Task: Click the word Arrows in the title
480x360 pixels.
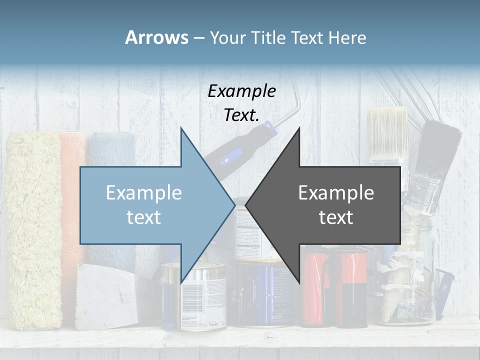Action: (x=156, y=37)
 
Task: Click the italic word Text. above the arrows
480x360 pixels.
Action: (x=241, y=115)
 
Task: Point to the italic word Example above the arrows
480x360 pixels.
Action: (x=241, y=91)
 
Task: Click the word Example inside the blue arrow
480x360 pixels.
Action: (x=143, y=193)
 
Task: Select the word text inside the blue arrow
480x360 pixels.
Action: (x=143, y=217)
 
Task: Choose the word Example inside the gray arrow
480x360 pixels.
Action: (x=336, y=193)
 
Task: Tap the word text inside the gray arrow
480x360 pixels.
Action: (x=336, y=217)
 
